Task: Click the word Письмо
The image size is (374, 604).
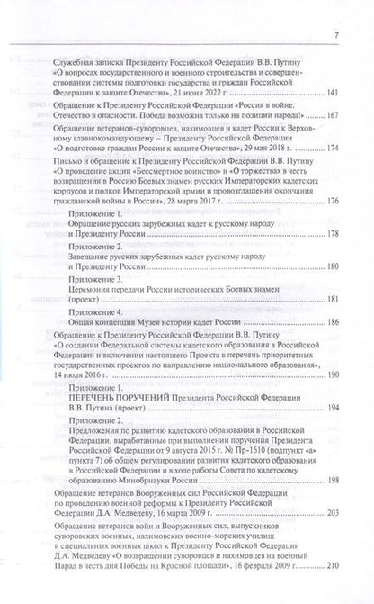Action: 43,154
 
